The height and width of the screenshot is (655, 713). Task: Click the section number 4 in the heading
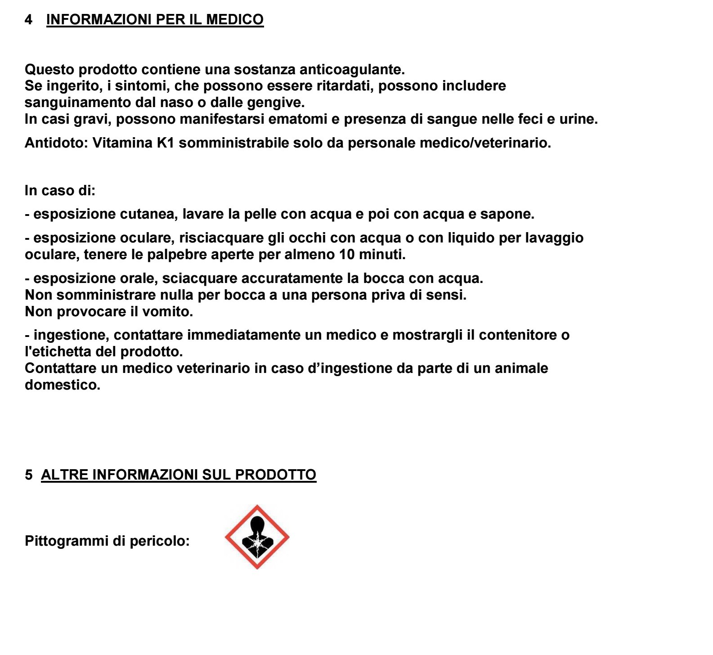click(x=29, y=20)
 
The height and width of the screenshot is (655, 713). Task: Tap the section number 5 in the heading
click(x=29, y=475)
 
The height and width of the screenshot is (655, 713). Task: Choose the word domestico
click(x=63, y=385)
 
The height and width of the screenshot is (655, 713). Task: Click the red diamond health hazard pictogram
click(x=257, y=537)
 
